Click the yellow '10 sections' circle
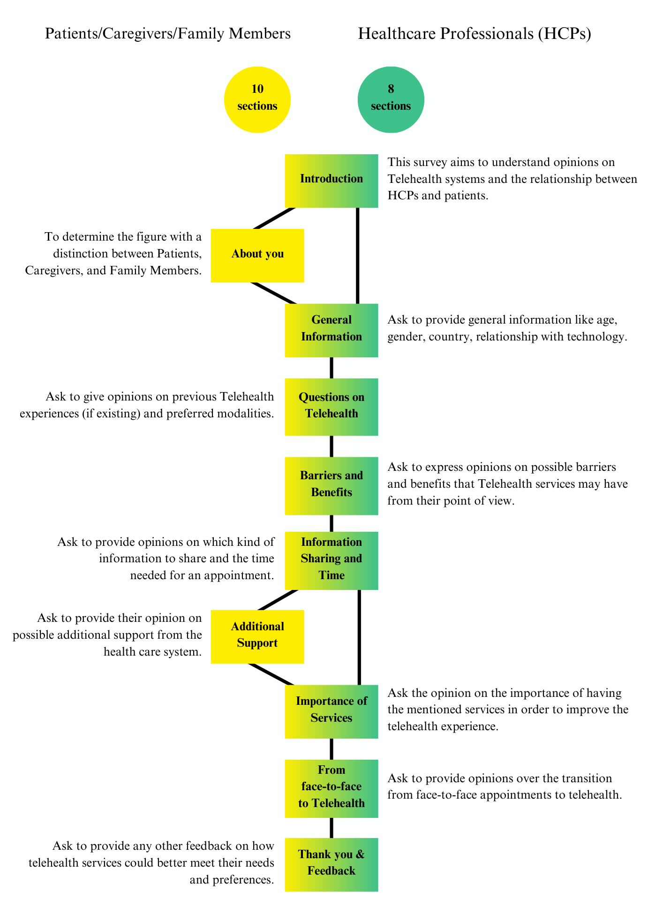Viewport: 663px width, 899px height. tap(257, 100)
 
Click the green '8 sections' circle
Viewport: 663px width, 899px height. tap(391, 100)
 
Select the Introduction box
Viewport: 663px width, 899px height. tap(331, 181)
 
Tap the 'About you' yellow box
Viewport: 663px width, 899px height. tap(257, 256)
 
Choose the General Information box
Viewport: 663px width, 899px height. tap(331, 331)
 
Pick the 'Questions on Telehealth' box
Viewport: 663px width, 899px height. tap(331, 407)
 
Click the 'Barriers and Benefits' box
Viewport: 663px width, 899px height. tap(331, 486)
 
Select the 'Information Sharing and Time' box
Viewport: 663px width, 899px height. tap(331, 560)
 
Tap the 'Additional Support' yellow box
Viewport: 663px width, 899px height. tap(257, 637)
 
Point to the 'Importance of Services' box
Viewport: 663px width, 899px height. tap(331, 711)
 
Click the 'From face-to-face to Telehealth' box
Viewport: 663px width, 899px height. tap(331, 789)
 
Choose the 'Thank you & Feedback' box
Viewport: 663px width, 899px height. tap(331, 865)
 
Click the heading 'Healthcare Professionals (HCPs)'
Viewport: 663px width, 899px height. tap(475, 34)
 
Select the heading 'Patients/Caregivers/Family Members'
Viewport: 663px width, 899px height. tap(168, 34)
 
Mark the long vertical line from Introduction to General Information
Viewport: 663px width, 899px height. tap(357, 256)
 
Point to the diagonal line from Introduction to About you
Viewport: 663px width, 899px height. tap(274, 218)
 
